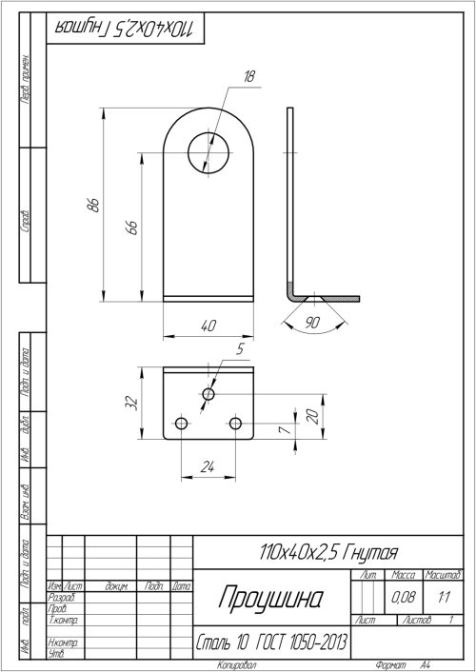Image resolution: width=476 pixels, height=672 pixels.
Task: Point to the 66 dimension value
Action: (x=132, y=226)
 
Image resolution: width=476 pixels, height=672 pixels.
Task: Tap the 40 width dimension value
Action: (x=208, y=326)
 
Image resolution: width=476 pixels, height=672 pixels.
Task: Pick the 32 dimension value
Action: (x=130, y=404)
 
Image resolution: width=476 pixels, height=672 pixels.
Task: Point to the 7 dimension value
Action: (x=284, y=431)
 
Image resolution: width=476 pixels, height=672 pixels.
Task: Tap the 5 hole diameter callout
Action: (x=240, y=350)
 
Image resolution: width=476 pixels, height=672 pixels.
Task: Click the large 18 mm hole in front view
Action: (x=208, y=151)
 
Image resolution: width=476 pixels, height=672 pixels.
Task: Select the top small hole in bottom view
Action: (x=208, y=393)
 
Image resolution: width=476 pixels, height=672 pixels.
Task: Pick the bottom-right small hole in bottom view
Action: (x=236, y=422)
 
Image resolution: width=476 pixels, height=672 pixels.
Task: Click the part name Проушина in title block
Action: (x=270, y=598)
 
